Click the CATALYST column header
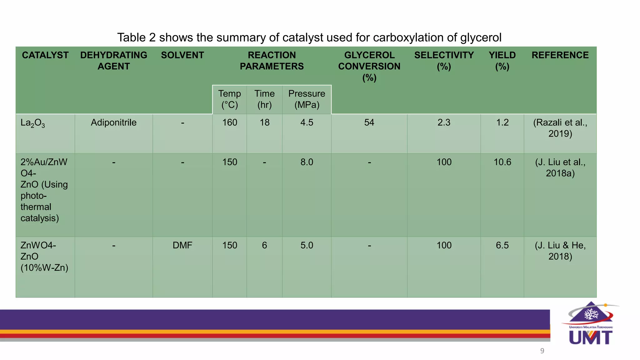(x=45, y=55)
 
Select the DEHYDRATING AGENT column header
(x=113, y=61)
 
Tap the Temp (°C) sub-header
(x=229, y=99)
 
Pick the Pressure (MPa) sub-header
(x=307, y=99)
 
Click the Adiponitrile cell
(x=113, y=122)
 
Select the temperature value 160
(x=229, y=122)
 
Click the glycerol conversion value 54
(x=369, y=122)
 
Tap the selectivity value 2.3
(x=444, y=122)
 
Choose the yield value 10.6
(x=502, y=162)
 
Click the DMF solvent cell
(x=182, y=245)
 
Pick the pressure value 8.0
(x=307, y=162)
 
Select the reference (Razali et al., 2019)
(x=560, y=128)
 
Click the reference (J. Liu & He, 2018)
(x=560, y=251)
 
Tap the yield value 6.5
(x=502, y=245)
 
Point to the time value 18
(x=264, y=122)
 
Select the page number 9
(x=542, y=351)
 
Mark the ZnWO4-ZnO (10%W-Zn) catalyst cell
(x=44, y=257)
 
